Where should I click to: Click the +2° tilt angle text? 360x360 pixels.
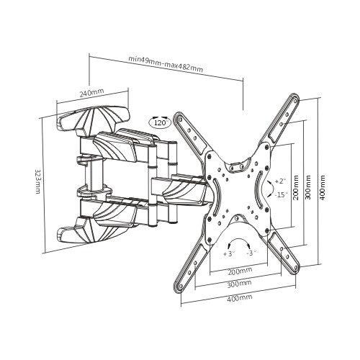point(280,180)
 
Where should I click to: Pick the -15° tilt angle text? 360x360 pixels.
point(279,194)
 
